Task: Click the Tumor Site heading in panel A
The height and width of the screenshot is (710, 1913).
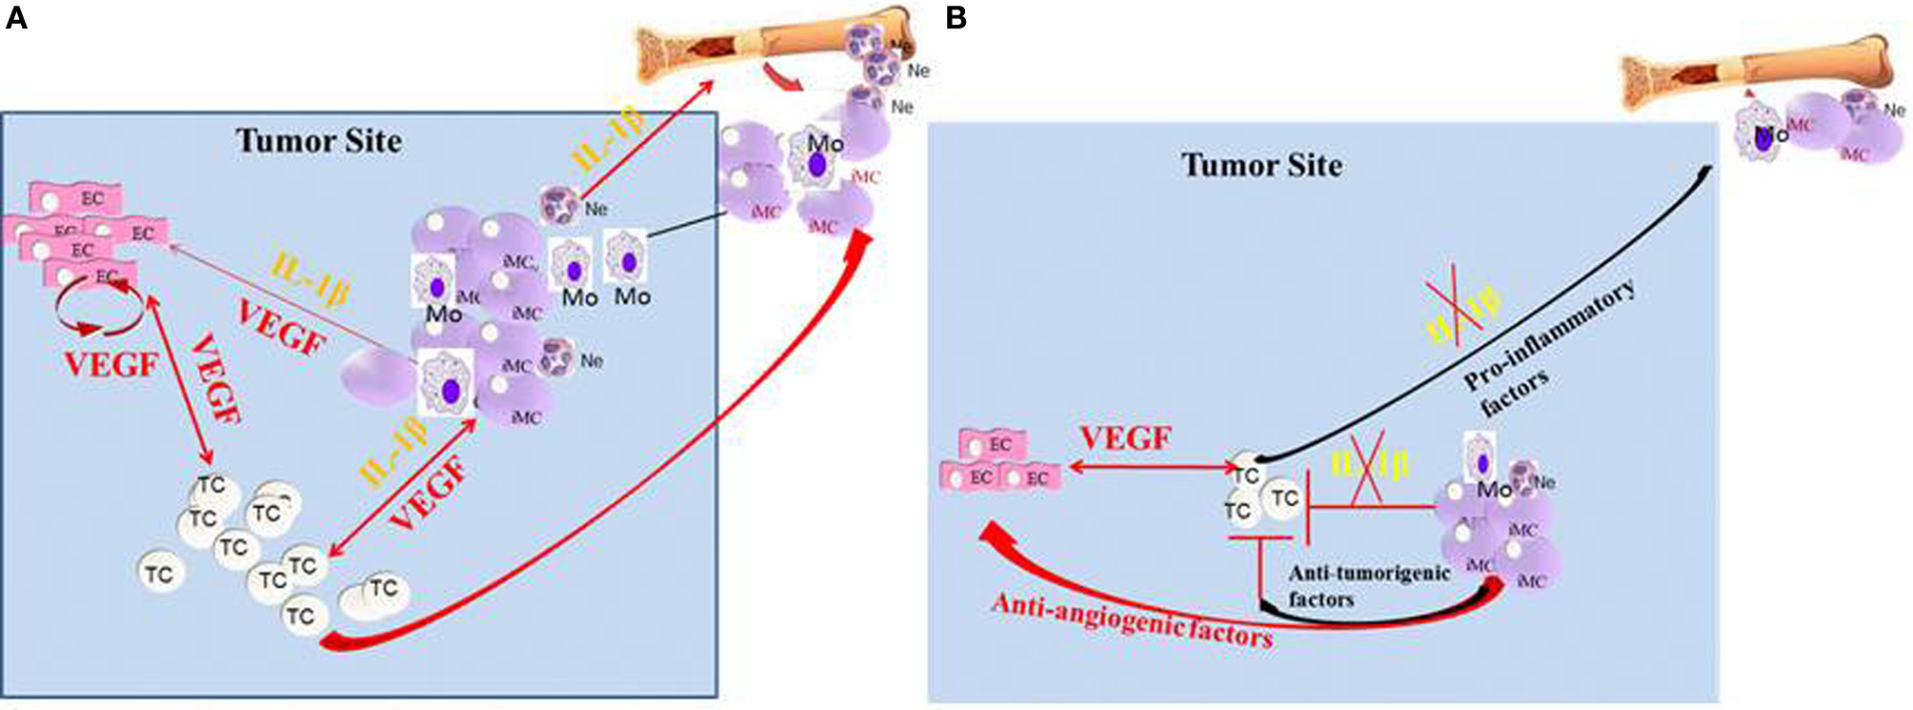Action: point(318,141)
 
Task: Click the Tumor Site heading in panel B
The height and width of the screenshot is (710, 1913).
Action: point(1261,165)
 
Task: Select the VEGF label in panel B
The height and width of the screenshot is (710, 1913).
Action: point(1125,439)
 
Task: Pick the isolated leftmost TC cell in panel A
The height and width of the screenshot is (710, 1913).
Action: point(159,573)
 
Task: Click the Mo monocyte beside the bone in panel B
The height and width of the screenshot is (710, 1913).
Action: point(1761,133)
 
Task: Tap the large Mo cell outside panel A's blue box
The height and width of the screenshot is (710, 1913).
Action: point(817,157)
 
